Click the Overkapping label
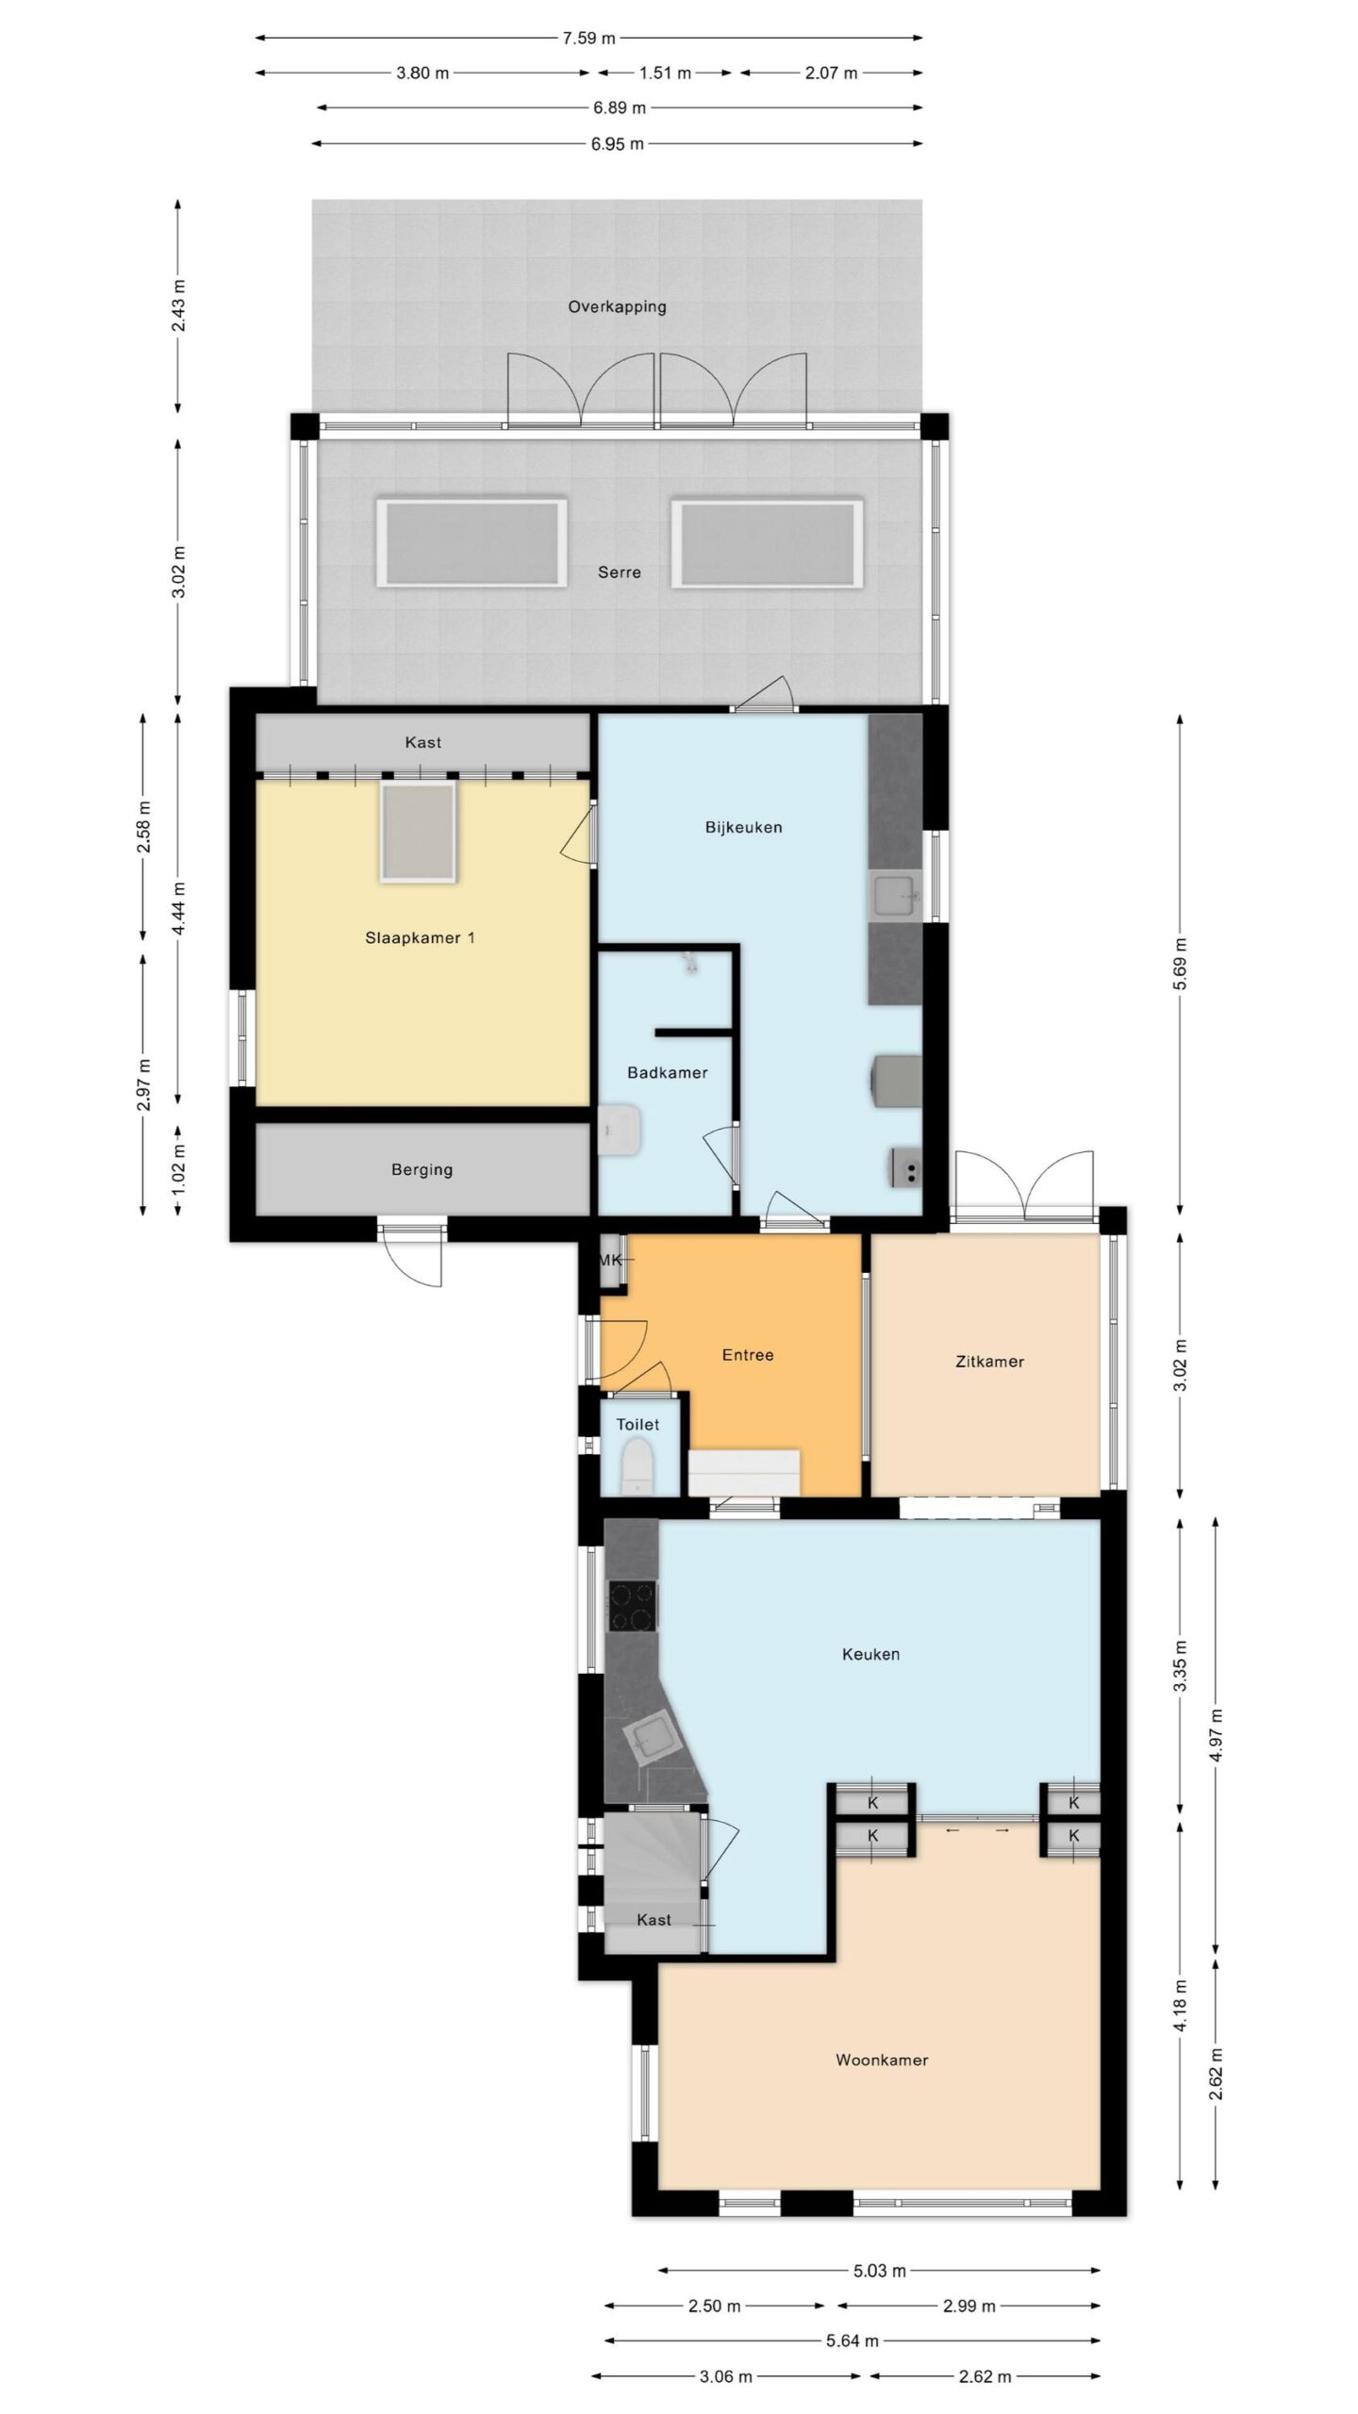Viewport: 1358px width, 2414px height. click(617, 306)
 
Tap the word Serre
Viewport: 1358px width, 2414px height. click(619, 572)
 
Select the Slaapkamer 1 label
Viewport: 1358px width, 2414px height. click(420, 938)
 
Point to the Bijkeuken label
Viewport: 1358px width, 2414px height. click(743, 828)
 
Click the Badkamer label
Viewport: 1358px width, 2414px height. click(668, 1073)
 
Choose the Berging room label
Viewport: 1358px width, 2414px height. click(422, 1170)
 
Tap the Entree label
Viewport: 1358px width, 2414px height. click(748, 1355)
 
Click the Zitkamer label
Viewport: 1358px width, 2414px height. click(988, 1362)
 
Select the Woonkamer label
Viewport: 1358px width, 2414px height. click(882, 2060)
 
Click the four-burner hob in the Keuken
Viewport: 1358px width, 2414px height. click(634, 1606)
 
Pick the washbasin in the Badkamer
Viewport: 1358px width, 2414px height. click(620, 1131)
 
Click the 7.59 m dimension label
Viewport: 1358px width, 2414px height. click(588, 39)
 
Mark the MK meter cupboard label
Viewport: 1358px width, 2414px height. click(610, 1260)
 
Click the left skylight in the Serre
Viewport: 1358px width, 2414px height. click(472, 544)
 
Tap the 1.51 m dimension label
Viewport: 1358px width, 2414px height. click(665, 74)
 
